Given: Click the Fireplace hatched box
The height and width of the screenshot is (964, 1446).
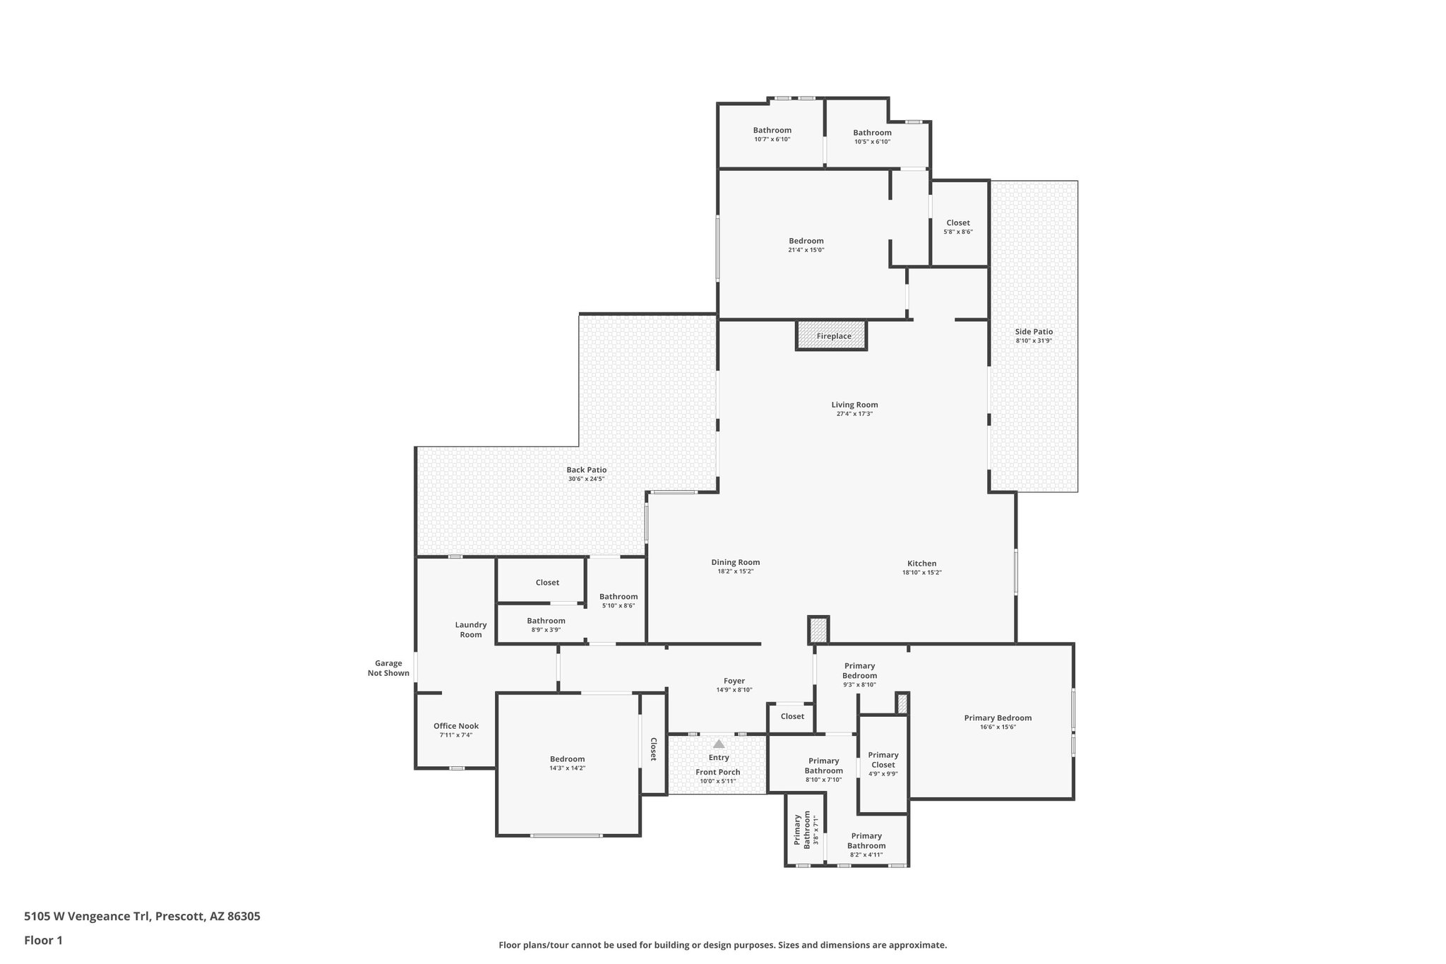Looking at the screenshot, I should pos(832,336).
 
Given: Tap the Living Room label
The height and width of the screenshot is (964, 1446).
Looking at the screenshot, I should pos(854,405).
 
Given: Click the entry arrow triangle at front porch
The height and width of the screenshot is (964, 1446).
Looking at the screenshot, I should pos(719,744).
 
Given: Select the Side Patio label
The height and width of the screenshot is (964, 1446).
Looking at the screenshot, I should pos(1034,331).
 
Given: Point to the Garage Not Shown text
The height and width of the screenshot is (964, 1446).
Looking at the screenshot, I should pos(388,668).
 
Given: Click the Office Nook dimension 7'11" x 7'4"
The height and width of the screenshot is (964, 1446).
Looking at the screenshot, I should pos(455,735).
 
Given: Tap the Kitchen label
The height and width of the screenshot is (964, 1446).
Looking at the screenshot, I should pos(921,564).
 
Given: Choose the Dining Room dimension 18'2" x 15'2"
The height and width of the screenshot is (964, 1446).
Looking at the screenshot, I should pos(735,571).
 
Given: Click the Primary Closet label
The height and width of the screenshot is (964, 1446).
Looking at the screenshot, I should pos(883,760).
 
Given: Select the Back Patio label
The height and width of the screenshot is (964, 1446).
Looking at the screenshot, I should pos(586,470).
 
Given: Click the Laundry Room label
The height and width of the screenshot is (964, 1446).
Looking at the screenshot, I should pos(471,629).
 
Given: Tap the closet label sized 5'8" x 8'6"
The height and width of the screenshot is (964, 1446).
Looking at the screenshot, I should pos(958,222).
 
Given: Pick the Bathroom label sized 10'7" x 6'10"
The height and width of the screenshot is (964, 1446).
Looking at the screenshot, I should pos(772,130).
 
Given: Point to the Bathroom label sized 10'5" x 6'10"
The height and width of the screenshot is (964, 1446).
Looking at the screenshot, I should pos(872,133).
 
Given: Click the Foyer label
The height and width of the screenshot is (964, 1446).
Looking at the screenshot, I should pos(734,681).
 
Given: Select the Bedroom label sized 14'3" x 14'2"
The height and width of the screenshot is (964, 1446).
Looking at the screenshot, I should pos(567,759).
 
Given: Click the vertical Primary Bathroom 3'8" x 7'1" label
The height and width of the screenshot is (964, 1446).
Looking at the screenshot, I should pos(803,831).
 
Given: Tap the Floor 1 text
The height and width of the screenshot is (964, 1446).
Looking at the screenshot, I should pos(43,940).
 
